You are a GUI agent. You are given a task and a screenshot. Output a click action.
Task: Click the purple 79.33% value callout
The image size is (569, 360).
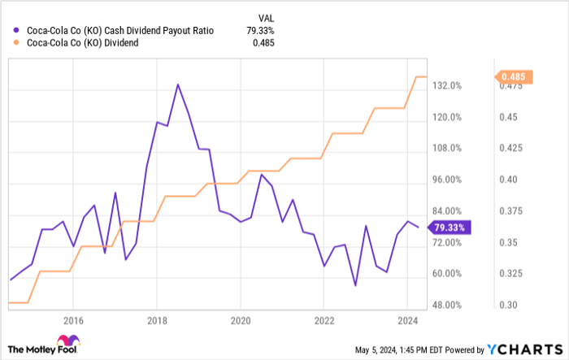(x=449, y=228)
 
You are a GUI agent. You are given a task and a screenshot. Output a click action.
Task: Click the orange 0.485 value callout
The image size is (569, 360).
(x=513, y=76)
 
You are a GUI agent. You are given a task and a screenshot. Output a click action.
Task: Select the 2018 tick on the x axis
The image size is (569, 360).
(x=157, y=319)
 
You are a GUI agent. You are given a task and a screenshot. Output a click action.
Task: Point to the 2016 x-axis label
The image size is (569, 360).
(x=73, y=319)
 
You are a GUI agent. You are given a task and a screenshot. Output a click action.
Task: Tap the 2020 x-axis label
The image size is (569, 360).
(x=241, y=319)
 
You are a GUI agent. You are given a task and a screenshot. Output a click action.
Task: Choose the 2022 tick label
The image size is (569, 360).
(x=324, y=319)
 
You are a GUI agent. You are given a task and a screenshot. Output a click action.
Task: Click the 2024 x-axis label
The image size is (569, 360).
(x=407, y=319)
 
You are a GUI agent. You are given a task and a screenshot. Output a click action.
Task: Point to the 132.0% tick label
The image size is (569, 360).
(x=446, y=85)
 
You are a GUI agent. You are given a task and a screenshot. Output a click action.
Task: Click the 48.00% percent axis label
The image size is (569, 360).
(x=446, y=306)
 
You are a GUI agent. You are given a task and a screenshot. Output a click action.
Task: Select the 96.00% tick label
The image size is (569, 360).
(x=446, y=180)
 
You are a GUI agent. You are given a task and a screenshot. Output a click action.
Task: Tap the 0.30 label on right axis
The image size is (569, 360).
(x=508, y=306)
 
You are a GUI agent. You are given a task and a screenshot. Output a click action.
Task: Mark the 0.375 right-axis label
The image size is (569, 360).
(x=511, y=211)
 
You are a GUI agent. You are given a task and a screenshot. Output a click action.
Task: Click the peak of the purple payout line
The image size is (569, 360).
(x=177, y=84)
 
